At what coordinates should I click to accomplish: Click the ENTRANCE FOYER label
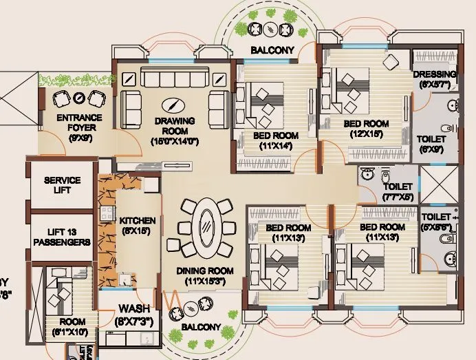click(80, 123)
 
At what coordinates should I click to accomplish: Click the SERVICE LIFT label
click(63, 184)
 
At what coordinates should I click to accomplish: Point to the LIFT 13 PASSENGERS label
click(63, 237)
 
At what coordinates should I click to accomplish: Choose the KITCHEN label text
click(138, 220)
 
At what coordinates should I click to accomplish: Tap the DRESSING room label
click(435, 74)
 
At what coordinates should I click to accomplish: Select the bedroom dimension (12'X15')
click(367, 134)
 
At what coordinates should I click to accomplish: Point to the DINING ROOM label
click(205, 271)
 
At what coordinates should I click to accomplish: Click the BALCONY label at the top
click(272, 50)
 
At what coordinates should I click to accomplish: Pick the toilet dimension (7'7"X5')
click(397, 197)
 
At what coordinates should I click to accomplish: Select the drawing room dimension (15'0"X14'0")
click(175, 141)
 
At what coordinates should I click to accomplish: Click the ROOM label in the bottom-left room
click(72, 321)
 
